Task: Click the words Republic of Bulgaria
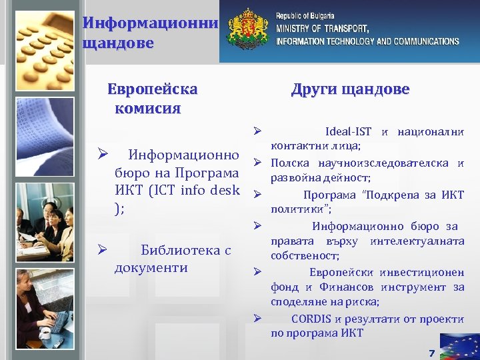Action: (305, 15)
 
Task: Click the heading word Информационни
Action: (151, 23)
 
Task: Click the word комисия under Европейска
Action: (147, 108)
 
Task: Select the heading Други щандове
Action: (350, 89)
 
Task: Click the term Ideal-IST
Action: (348, 131)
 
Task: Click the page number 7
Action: (431, 353)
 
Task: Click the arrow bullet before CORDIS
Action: (257, 317)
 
